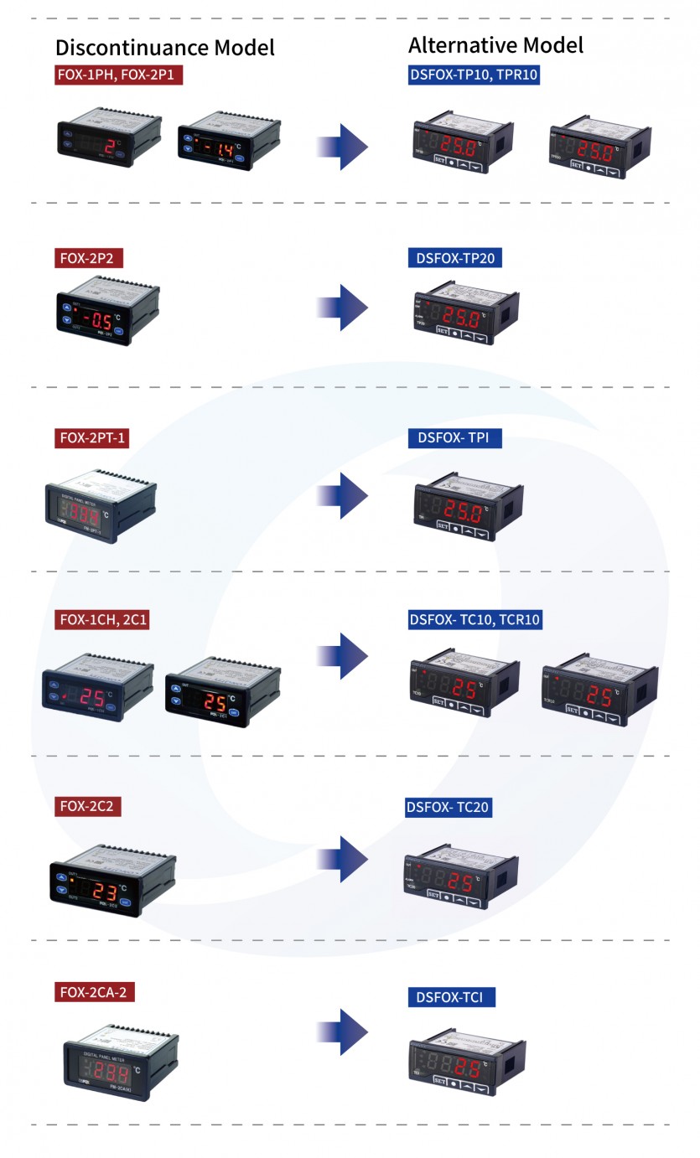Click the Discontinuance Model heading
pos(165,47)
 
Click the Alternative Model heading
pos(495,44)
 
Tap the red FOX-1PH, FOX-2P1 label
pos(118,75)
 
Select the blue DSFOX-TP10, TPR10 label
pos(474,75)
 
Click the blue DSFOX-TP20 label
pos(454,257)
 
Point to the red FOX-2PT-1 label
pos(93,437)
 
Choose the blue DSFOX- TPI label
pos(454,437)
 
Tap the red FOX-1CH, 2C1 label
pos(101,620)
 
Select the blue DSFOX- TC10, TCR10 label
pos(474,620)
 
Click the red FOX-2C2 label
pos(91,807)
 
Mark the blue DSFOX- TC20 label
pos(448,808)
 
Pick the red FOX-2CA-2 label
pos(96,993)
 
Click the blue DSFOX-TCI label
pos(451,997)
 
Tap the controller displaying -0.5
pos(106,316)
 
